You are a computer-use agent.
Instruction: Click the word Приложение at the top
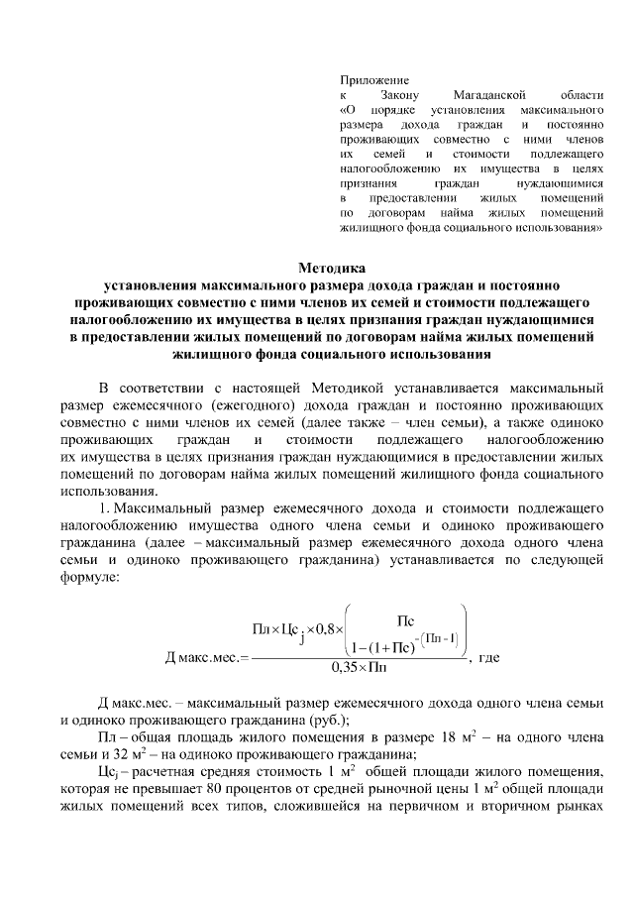[374, 77]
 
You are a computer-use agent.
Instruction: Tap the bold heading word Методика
[332, 267]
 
